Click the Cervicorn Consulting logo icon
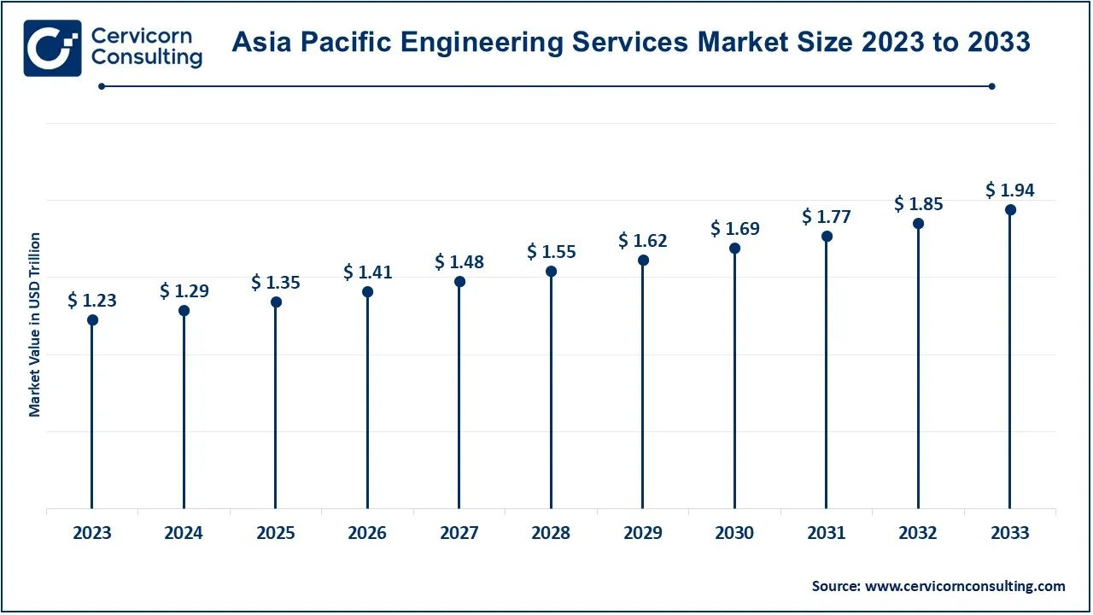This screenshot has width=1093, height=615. click(x=53, y=49)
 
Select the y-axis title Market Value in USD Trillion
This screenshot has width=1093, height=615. click(x=35, y=325)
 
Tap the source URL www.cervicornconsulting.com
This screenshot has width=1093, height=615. click(x=965, y=586)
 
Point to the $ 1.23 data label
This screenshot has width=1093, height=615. click(x=92, y=301)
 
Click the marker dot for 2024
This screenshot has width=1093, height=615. click(x=184, y=311)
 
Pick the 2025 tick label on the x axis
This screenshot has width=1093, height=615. click(x=276, y=533)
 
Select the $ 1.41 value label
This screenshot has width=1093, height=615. click(x=368, y=272)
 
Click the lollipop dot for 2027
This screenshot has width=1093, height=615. click(x=459, y=282)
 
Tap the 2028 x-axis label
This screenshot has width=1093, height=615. click(x=551, y=533)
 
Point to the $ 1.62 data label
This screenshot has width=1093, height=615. click(x=643, y=241)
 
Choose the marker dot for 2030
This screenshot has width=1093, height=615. click(x=734, y=249)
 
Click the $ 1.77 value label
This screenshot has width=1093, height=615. click(x=827, y=217)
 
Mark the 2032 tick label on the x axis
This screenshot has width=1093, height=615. click(x=918, y=533)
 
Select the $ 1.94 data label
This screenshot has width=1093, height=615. click(x=1010, y=190)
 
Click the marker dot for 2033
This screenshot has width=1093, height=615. click(x=1010, y=210)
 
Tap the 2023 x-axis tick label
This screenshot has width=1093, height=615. click(x=92, y=533)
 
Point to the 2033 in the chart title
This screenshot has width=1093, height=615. click(x=999, y=42)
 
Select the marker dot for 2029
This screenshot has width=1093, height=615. click(x=643, y=261)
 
